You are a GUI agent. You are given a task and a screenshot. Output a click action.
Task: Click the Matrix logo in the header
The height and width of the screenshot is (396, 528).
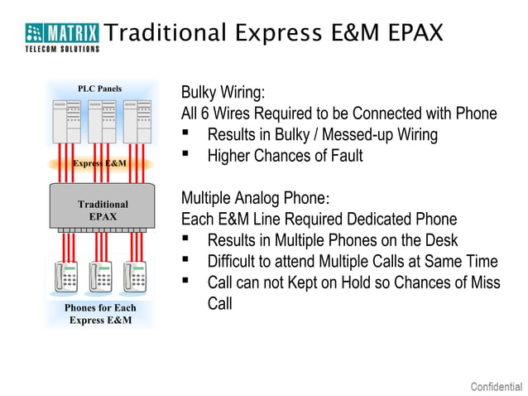[62, 36]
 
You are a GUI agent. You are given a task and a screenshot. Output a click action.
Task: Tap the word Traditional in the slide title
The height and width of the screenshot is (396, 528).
[166, 33]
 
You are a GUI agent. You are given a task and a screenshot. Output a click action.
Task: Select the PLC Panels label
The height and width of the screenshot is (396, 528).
[99, 89]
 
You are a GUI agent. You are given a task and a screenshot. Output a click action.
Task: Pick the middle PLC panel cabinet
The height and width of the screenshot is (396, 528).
[103, 121]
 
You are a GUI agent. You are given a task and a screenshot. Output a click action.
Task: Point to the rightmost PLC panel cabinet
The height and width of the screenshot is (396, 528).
[137, 121]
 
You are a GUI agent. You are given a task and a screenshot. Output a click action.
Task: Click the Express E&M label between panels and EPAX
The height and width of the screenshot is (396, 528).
[100, 163]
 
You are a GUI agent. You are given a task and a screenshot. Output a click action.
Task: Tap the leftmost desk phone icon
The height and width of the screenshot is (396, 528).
[67, 278]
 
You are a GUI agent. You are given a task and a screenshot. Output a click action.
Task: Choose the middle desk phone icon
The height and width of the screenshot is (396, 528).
[101, 278]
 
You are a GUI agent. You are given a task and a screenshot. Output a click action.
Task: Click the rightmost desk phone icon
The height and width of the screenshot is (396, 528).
[136, 278]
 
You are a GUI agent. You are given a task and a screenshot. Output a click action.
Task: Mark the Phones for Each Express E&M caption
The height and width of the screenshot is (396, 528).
[100, 314]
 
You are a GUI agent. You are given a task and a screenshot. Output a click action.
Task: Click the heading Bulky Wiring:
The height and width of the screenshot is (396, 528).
[223, 92]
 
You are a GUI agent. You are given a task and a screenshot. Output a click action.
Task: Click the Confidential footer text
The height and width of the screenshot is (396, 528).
[496, 386]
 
